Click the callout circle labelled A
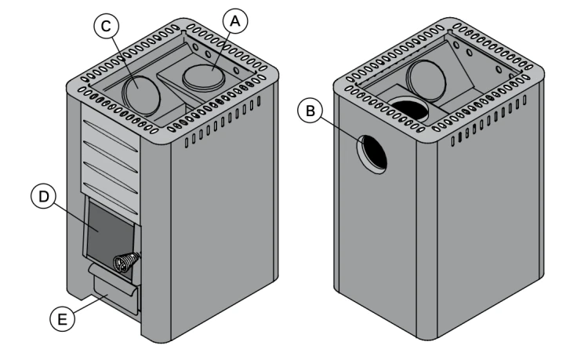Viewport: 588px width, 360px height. click(x=235, y=21)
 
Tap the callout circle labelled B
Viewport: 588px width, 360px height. click(x=310, y=111)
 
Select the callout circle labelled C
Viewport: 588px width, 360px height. click(x=106, y=27)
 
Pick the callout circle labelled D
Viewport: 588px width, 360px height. click(x=43, y=197)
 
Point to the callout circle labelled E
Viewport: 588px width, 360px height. click(x=62, y=318)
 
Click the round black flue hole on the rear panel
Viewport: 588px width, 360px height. click(x=372, y=155)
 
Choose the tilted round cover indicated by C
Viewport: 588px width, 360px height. click(x=141, y=95)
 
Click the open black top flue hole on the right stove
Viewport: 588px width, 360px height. click(x=408, y=109)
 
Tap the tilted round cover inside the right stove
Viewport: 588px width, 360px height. click(x=426, y=80)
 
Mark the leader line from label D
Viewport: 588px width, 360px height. click(x=76, y=216)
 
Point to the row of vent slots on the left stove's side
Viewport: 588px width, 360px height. click(x=223, y=121)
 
